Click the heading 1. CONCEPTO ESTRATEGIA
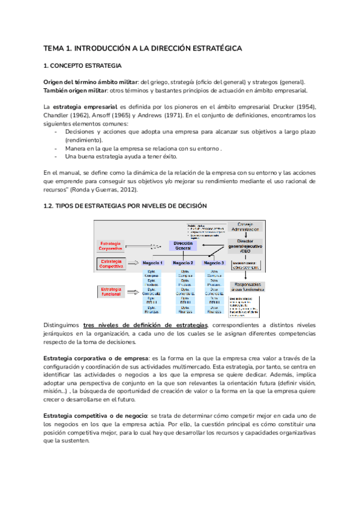(x=82, y=65)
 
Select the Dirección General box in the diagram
(x=182, y=245)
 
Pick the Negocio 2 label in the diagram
(x=183, y=263)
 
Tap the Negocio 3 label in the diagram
(x=214, y=263)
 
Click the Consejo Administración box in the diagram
(x=245, y=226)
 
